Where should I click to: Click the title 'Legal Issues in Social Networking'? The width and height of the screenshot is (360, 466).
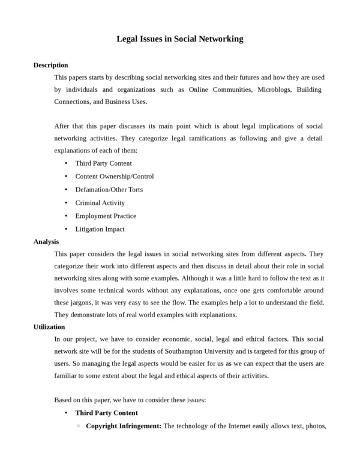pos(179,39)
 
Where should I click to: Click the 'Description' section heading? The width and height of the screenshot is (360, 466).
pos(50,65)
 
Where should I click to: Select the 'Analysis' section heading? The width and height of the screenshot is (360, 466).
pos(46,241)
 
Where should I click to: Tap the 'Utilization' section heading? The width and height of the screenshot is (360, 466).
pos(49,327)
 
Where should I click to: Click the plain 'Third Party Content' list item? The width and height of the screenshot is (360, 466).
pos(103,163)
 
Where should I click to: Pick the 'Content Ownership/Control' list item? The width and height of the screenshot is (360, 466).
pos(114,177)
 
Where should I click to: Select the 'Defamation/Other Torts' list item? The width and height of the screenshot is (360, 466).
pos(109,190)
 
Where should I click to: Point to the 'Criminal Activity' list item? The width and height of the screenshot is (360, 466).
pos(100,203)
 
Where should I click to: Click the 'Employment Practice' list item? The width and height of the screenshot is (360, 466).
pos(106,216)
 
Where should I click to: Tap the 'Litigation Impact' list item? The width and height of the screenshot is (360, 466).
pos(100,229)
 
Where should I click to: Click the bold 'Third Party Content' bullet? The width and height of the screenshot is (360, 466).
pos(106,413)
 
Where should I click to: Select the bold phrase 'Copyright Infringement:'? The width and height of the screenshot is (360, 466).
pos(124,426)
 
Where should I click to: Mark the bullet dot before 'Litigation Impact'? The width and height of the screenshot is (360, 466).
pos(65,229)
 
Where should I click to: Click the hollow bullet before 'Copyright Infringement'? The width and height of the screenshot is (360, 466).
pos(78,426)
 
